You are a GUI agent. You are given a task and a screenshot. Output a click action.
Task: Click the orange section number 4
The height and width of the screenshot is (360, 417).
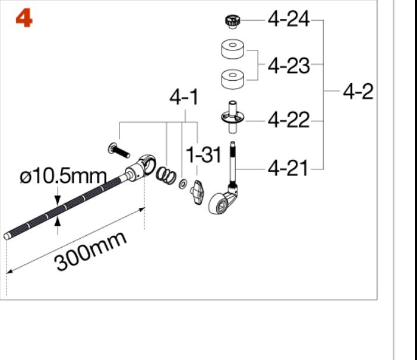pyautogui.click(x=24, y=18)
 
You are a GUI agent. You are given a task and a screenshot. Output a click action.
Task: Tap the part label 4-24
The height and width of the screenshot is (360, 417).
pyautogui.click(x=289, y=19)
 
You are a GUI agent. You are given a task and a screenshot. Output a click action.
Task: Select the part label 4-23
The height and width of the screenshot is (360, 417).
pyautogui.click(x=289, y=65)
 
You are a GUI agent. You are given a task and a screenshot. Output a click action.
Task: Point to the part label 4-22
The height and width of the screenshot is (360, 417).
pyautogui.click(x=289, y=120)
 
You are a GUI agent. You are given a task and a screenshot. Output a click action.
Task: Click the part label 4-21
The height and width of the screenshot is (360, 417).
pyautogui.click(x=288, y=168)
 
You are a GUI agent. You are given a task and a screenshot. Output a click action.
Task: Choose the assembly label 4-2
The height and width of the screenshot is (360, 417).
pyautogui.click(x=358, y=91)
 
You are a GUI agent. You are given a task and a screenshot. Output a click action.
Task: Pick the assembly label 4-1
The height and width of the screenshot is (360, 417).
pyautogui.click(x=184, y=97)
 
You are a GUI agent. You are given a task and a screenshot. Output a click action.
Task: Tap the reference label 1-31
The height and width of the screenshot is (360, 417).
pyautogui.click(x=203, y=154)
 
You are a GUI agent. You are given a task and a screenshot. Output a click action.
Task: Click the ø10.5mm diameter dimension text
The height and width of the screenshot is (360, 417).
pyautogui.click(x=64, y=176)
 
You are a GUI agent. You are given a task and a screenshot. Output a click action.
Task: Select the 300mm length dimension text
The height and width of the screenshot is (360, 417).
pyautogui.click(x=90, y=251)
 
